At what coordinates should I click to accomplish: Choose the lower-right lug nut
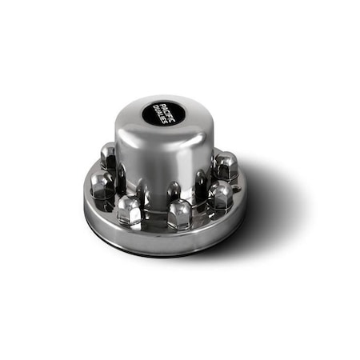point(219,194)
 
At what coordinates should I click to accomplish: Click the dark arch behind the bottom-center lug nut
point(174,192)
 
